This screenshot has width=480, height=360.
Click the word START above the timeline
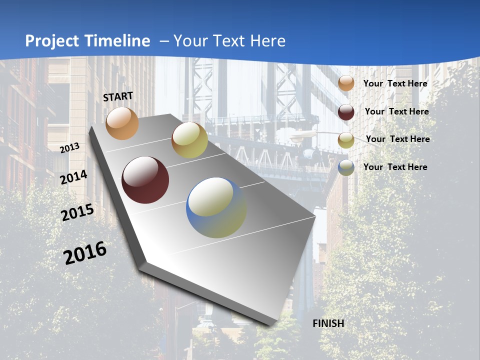118,96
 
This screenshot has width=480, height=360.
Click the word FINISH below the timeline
328,323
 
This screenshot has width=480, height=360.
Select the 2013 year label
69,148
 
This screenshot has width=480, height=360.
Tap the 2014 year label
74,177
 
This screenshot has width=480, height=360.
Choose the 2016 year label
85,252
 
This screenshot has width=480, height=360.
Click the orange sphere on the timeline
122,123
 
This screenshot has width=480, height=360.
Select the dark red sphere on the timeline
145,180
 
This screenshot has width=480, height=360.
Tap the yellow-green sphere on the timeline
189,140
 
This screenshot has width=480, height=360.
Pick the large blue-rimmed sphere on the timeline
216,207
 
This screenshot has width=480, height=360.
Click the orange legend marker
346,83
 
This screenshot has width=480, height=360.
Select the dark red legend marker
346,112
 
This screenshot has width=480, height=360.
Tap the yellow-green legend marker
346,140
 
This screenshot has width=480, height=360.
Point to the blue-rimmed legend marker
346,167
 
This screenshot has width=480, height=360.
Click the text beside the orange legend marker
395,83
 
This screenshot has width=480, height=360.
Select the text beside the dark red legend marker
396,111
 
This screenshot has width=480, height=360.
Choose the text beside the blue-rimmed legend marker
395,167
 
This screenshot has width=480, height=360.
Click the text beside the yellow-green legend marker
397,139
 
